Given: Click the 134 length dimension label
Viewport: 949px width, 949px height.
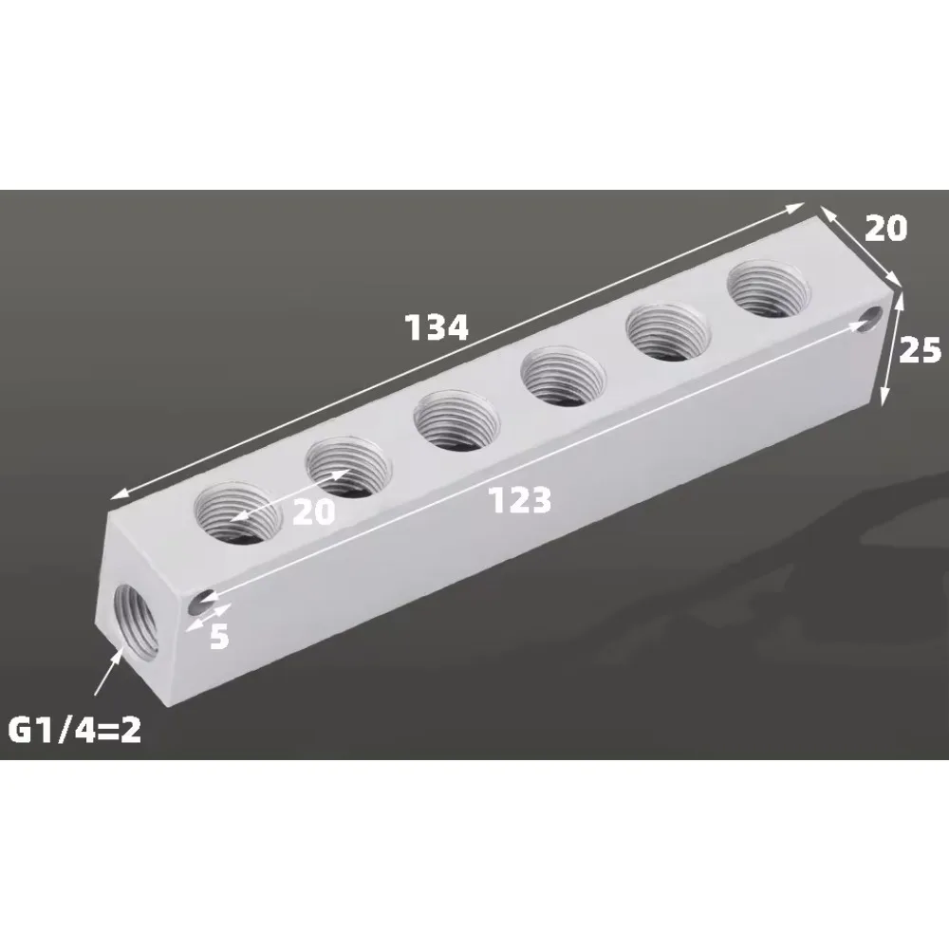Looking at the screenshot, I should click(x=437, y=327).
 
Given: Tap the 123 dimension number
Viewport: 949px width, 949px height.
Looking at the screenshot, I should click(x=520, y=499).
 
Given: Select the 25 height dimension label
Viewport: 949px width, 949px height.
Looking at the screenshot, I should click(x=920, y=350).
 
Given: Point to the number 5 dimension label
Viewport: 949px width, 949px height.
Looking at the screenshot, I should click(x=218, y=636).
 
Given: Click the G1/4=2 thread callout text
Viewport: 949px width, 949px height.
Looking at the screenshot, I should click(x=76, y=732).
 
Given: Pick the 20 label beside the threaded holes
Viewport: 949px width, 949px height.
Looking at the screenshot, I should click(x=314, y=512).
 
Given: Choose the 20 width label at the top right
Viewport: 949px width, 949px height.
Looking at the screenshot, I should click(x=885, y=228).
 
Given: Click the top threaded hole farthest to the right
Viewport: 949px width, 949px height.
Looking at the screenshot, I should click(x=770, y=289).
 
